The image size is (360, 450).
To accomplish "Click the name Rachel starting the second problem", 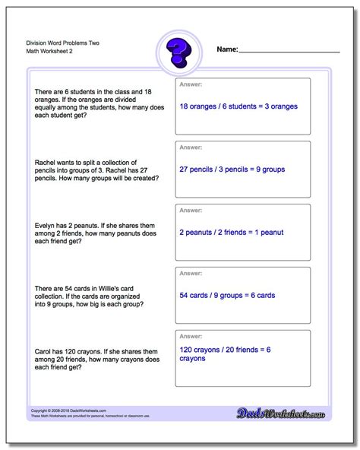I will [x=47, y=161].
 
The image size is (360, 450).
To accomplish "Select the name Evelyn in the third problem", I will [x=46, y=224].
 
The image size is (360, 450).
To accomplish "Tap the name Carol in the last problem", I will [x=44, y=350].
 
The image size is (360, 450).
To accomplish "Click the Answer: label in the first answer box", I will [x=190, y=85].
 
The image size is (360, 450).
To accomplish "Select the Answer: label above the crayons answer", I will [x=190, y=337].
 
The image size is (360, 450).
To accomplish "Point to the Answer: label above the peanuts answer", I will [x=190, y=211].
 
